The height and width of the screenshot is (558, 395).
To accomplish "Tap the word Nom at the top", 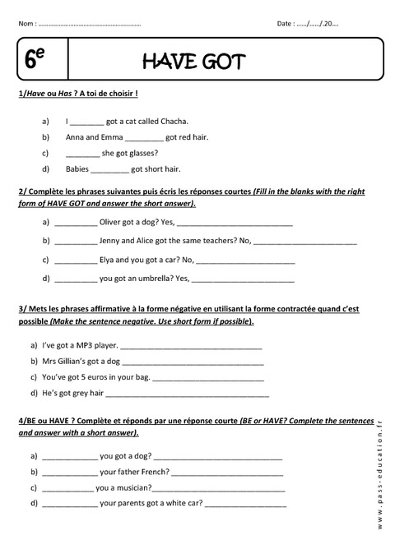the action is (x=26, y=23).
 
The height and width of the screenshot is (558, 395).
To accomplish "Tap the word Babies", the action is (x=77, y=168).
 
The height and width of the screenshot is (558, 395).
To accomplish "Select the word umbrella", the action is (x=154, y=278).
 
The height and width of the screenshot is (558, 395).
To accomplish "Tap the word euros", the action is (x=103, y=377).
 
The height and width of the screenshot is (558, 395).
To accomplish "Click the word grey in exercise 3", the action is (x=81, y=393).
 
